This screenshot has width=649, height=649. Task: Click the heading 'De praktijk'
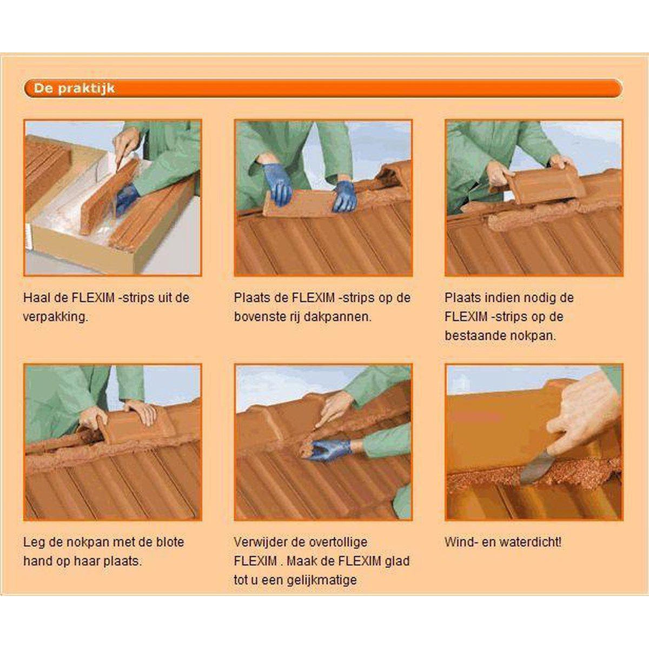[74, 89]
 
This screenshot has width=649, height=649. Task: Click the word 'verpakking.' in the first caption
[56, 317]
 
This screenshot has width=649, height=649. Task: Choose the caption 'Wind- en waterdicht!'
[503, 542]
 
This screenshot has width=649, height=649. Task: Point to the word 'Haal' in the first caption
[35, 297]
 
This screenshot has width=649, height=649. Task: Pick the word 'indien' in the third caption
[495, 297]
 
